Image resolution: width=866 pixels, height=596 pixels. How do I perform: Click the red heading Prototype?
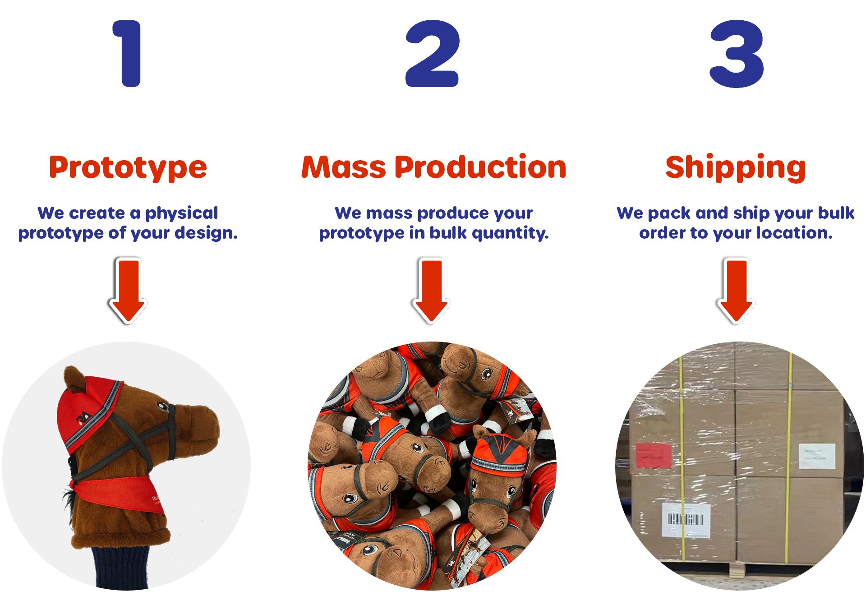click(x=128, y=168)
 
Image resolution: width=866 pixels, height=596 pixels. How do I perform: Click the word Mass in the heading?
click(x=344, y=168)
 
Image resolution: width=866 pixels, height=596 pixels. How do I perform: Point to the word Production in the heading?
click(x=480, y=168)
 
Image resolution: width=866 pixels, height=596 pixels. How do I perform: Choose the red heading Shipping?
click(x=736, y=168)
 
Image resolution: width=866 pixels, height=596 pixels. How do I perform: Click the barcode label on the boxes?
click(x=686, y=520)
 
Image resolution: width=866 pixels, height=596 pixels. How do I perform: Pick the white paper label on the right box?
click(x=817, y=456)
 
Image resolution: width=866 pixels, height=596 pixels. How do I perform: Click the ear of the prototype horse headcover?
click(x=74, y=379)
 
